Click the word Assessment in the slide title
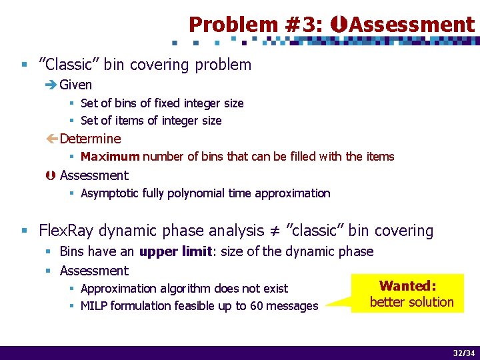pos(412,25)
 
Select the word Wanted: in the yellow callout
pos(408,286)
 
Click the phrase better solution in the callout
pos(411,302)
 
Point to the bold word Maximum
pos(110,157)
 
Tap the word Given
pos(76,85)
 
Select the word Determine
pos(91,139)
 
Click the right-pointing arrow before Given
pos(51,85)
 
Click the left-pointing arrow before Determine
pos(51,139)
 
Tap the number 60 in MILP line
pos(256,306)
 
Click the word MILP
pos(96,306)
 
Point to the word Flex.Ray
pos(65,231)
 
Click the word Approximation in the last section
pos(117,289)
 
